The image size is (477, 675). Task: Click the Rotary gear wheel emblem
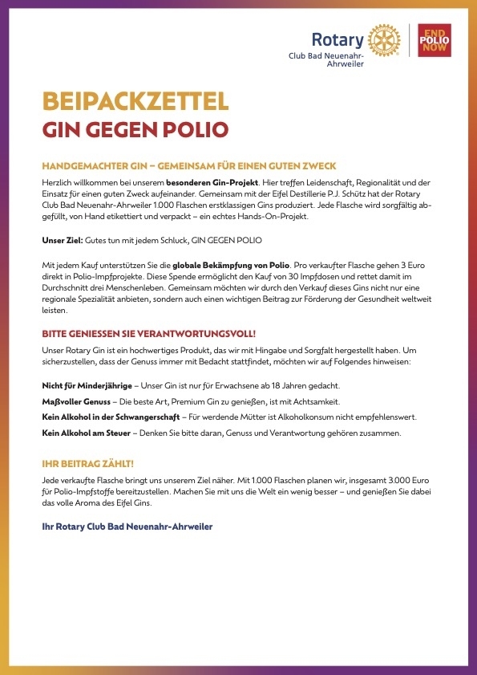pos(382,39)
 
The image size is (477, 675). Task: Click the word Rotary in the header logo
pos(336,38)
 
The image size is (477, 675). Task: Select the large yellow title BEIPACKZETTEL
pos(135,101)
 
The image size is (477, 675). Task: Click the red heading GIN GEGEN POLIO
pos(135,130)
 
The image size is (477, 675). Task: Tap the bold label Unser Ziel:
pos(62,240)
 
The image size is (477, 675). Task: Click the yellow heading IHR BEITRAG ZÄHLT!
pos(87,464)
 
